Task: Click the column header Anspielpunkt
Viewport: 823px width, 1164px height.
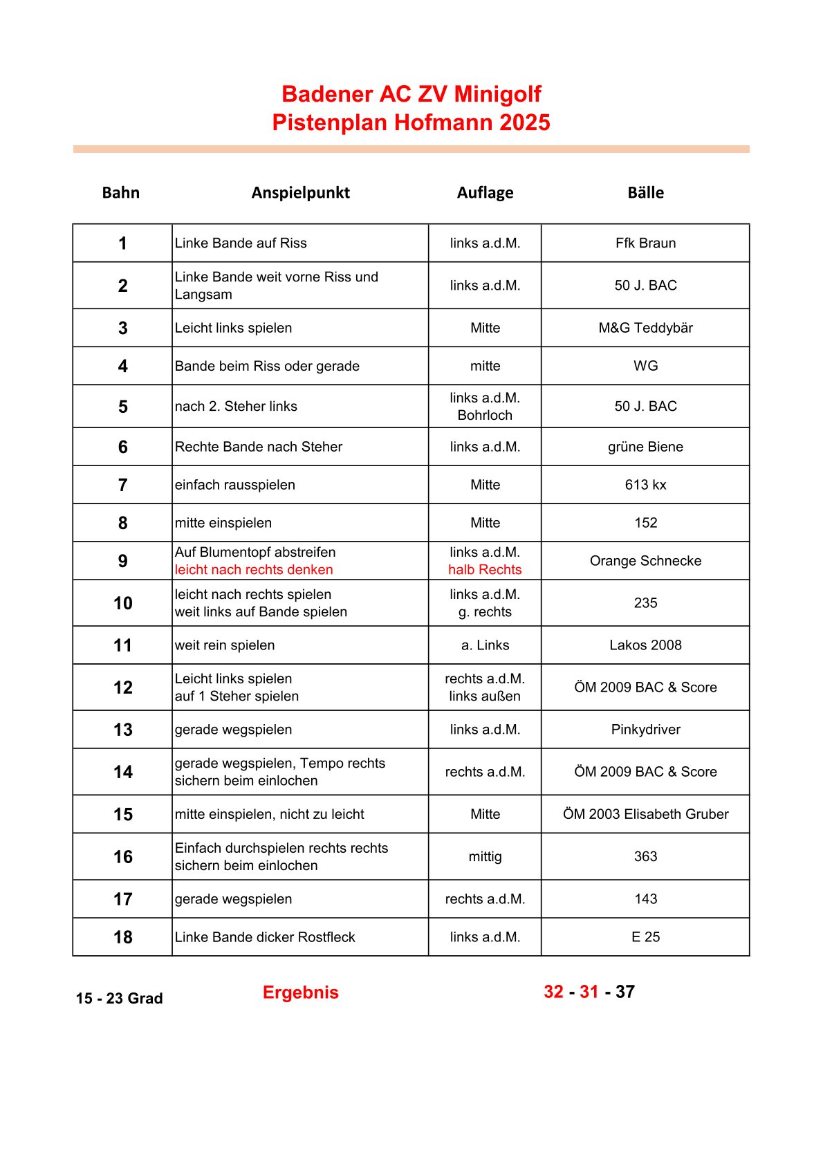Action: [x=300, y=192]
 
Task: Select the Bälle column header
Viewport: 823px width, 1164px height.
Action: [x=645, y=192]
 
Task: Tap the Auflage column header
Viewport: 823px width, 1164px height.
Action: [x=485, y=192]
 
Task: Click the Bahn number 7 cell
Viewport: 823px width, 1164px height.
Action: [x=122, y=485]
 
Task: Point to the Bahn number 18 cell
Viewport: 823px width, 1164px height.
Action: [x=122, y=937]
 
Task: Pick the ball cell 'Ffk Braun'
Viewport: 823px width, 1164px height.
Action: [x=645, y=243]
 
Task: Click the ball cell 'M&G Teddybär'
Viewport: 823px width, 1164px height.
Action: [x=645, y=328]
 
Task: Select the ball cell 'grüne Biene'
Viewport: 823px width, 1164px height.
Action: [x=645, y=447]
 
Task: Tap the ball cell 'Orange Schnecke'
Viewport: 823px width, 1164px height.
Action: [x=645, y=561]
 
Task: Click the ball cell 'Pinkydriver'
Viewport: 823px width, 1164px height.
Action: [x=645, y=730]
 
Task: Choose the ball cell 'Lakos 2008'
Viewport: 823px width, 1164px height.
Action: [x=645, y=645]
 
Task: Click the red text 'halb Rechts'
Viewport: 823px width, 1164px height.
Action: [x=485, y=570]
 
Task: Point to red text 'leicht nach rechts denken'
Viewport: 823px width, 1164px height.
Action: [x=254, y=570]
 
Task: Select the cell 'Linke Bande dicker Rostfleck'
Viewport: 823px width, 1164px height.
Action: [x=265, y=937]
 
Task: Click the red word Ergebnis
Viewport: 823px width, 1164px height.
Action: [x=300, y=992]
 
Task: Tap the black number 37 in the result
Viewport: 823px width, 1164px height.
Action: [x=625, y=992]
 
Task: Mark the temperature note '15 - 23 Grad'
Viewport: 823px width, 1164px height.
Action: [x=120, y=998]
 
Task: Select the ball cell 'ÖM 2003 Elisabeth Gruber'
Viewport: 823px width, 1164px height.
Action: [x=645, y=814]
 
